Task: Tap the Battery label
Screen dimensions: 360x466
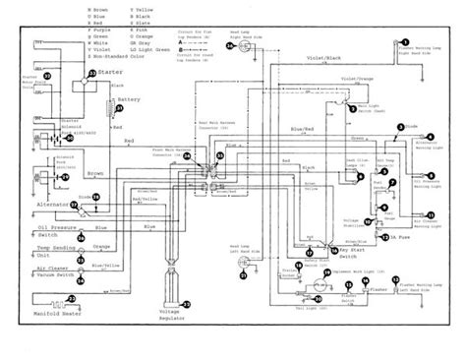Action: [x=132, y=100]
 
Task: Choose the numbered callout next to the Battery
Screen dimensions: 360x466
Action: [x=110, y=99]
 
